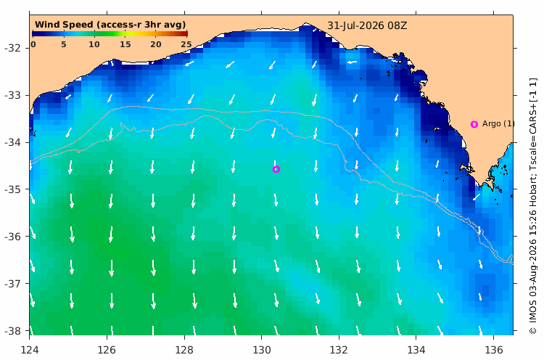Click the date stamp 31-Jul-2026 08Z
pyautogui.click(x=367, y=26)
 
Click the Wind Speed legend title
pyautogui.click(x=110, y=25)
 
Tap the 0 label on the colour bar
pyautogui.click(x=33, y=44)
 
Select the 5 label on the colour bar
pyautogui.click(x=64, y=44)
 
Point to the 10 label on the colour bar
pyautogui.click(x=94, y=44)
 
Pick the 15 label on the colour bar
pyautogui.click(x=125, y=44)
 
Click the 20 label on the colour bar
pyautogui.click(x=156, y=44)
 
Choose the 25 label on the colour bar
pyautogui.click(x=186, y=44)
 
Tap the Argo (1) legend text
pyautogui.click(x=498, y=123)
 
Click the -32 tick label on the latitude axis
pyautogui.click(x=12, y=48)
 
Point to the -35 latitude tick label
pyautogui.click(x=12, y=189)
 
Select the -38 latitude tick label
pyautogui.click(x=12, y=331)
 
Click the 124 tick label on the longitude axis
pyautogui.click(x=30, y=350)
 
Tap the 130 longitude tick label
pyautogui.click(x=262, y=350)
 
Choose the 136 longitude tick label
pyautogui.click(x=494, y=350)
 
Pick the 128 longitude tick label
pyautogui.click(x=184, y=350)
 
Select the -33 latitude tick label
pyautogui.click(x=12, y=95)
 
